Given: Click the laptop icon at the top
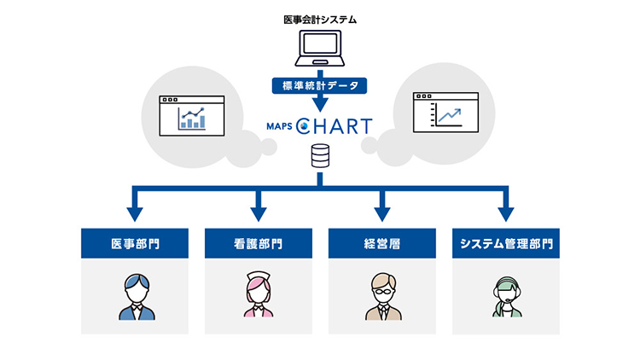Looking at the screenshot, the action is click(320, 48).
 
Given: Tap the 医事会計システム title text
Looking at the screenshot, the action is click(320, 20).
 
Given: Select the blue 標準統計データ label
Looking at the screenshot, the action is click(320, 85).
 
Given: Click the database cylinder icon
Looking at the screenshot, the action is click(320, 155).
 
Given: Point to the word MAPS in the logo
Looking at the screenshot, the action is click(279, 126).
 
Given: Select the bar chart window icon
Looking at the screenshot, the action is click(192, 116).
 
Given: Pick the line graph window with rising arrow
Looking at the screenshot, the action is click(445, 113).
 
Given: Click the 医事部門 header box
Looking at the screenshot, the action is click(135, 243).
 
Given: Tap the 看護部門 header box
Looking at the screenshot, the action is click(259, 243).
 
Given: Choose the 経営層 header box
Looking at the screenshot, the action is click(382, 243).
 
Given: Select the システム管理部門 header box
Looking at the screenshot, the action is click(506, 243).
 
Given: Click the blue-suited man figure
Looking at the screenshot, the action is click(137, 297).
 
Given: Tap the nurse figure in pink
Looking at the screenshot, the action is click(259, 293).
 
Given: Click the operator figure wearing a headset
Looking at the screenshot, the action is click(507, 297).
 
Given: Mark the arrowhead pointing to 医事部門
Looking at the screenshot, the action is click(135, 214).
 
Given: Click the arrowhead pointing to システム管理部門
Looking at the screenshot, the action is click(506, 214).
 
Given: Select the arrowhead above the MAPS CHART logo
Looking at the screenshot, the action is click(320, 105).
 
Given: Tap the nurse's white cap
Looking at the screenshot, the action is click(259, 275).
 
